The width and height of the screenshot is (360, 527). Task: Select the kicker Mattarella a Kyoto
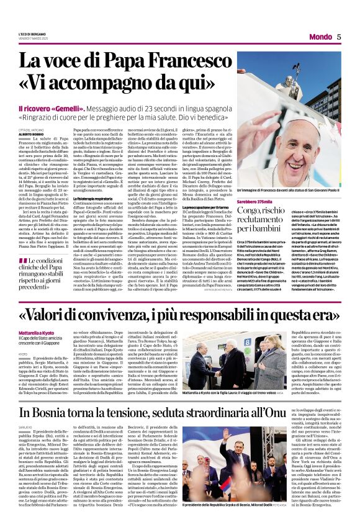click(38, 333)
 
